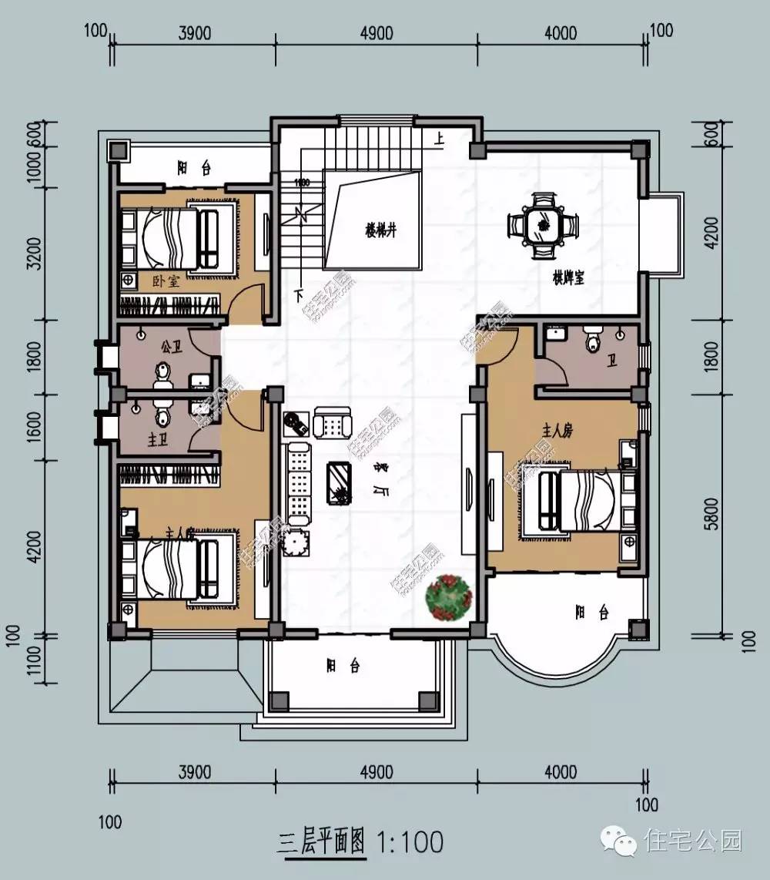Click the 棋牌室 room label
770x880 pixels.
click(567, 277)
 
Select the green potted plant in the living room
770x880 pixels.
click(449, 597)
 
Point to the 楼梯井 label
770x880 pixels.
click(380, 230)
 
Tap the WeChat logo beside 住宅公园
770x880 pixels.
click(619, 839)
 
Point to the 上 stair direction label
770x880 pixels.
click(440, 140)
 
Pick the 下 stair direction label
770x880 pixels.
click(297, 294)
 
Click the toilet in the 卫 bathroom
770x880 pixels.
click(592, 340)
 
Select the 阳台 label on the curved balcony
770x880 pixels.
click(591, 613)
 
